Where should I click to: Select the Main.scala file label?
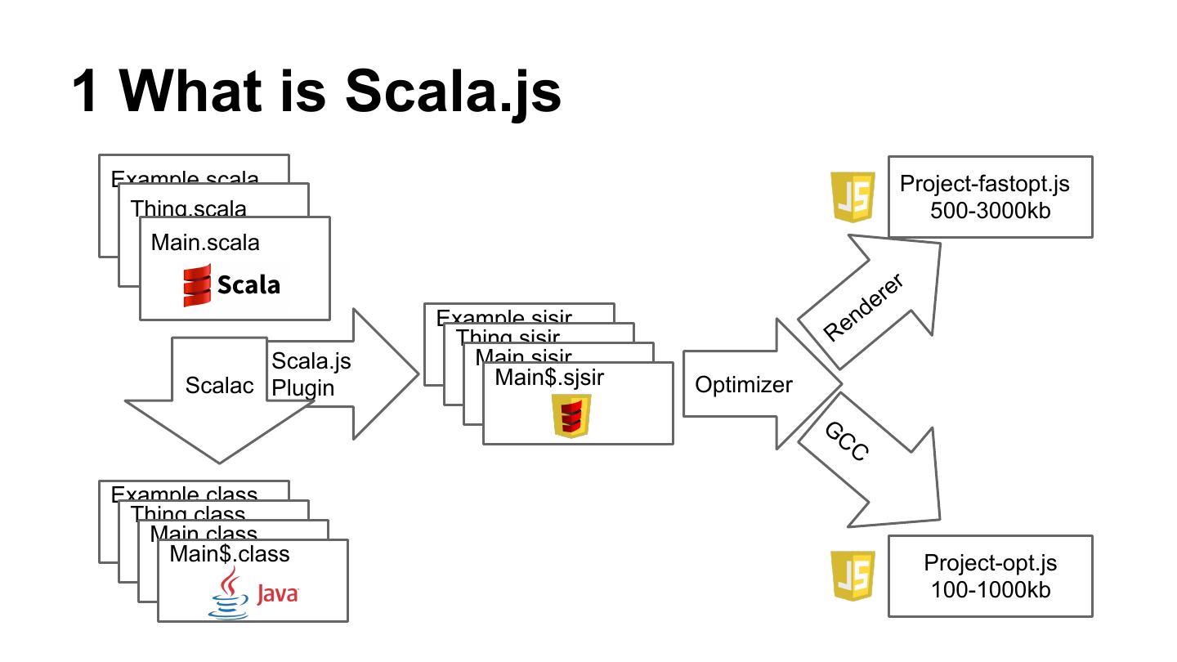[x=205, y=243]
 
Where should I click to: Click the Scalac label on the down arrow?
[x=219, y=386]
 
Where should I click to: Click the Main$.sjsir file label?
[x=549, y=377]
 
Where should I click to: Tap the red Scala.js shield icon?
[x=571, y=415]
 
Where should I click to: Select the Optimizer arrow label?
[x=743, y=385]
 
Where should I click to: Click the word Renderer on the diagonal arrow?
[x=863, y=307]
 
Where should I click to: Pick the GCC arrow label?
[x=846, y=442]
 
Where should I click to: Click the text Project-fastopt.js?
[x=984, y=183]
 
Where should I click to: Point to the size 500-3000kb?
[x=990, y=210]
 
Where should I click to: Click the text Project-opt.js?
[x=990, y=563]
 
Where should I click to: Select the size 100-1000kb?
[x=990, y=589]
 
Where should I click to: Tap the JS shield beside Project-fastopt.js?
[x=853, y=197]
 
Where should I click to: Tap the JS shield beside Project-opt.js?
[x=853, y=575]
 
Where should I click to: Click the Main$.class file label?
[x=230, y=554]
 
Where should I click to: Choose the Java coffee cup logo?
[x=228, y=593]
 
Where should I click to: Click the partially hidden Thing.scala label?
[x=189, y=208]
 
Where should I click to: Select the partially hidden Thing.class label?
[x=188, y=513]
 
